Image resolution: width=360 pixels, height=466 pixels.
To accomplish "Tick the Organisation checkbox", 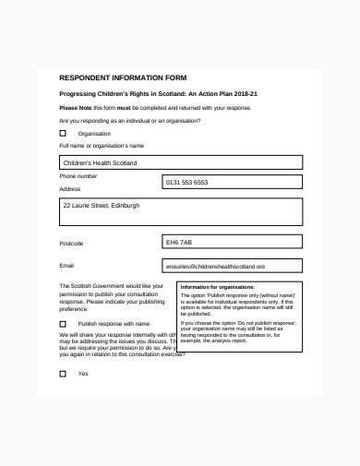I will [x=63, y=134].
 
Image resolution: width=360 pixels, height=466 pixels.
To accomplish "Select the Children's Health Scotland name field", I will [x=180, y=162].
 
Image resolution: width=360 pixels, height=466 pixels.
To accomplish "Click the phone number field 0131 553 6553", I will [x=231, y=183].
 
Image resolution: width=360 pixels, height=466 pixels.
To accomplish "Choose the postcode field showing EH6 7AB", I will [x=231, y=243].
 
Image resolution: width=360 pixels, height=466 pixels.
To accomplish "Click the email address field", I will [x=231, y=266].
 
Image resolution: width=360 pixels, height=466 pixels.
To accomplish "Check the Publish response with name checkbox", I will [x=63, y=324].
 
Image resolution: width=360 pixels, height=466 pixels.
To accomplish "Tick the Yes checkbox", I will [x=63, y=374].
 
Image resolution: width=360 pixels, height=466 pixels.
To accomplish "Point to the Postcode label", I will [x=71, y=244].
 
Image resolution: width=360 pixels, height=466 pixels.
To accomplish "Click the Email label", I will [x=66, y=266].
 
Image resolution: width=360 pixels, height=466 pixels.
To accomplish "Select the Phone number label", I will [x=78, y=175].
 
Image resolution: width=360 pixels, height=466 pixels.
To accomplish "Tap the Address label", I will [x=70, y=188].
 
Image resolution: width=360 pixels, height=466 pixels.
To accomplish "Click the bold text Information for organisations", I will [x=216, y=287].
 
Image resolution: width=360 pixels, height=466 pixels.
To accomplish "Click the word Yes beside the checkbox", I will [x=83, y=374].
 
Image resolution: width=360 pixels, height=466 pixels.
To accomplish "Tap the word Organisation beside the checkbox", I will [x=94, y=134].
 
